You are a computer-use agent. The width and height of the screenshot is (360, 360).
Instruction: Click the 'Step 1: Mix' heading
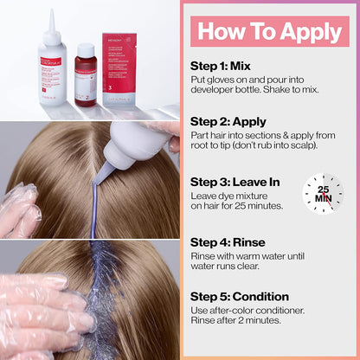[222, 65]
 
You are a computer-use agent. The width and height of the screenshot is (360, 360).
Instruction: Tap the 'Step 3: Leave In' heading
[234, 181]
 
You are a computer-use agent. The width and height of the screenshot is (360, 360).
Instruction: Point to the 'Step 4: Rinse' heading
[227, 242]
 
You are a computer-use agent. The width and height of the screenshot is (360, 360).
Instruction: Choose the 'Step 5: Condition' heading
[239, 296]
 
